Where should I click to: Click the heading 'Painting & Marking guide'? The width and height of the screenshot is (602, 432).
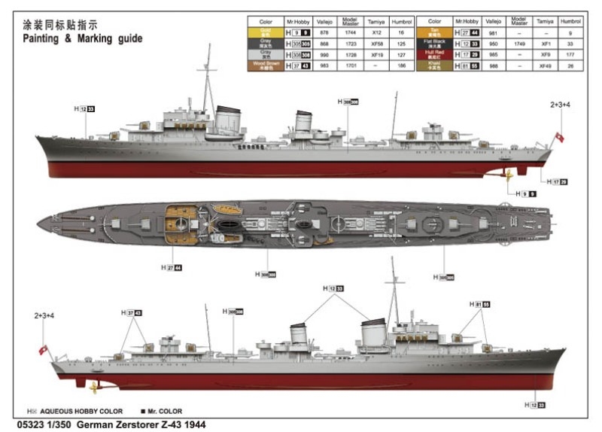[x=82, y=38]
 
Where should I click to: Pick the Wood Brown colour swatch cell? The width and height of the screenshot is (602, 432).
[x=266, y=65]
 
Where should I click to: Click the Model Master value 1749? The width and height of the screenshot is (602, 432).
[x=519, y=44]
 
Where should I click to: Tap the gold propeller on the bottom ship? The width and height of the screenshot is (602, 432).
[x=93, y=387]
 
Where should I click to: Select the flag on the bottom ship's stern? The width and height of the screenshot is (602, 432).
[x=43, y=349]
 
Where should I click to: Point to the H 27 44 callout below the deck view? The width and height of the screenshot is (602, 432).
[x=172, y=267]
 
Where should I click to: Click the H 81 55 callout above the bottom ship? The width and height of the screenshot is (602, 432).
[x=479, y=304]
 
